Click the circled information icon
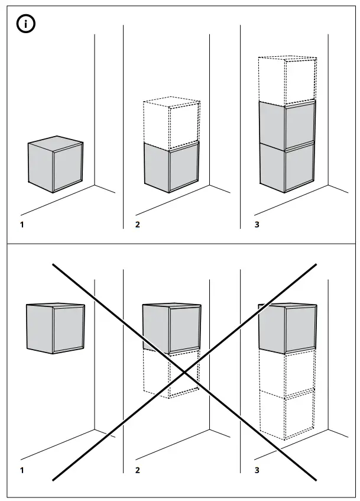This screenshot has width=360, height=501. [x=25, y=24]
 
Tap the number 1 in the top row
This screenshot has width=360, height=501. [x=22, y=225]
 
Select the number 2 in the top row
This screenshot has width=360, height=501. [x=138, y=225]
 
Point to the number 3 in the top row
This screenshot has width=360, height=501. [x=257, y=225]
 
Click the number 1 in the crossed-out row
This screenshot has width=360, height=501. [x=22, y=470]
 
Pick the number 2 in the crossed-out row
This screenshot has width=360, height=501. [x=138, y=470]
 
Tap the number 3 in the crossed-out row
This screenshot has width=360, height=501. [x=257, y=470]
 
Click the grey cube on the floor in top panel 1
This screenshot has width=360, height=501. [x=56, y=164]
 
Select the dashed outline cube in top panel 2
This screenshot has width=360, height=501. [x=171, y=122]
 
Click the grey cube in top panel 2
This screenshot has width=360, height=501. [x=171, y=167]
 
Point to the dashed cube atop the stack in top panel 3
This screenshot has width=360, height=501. [x=287, y=80]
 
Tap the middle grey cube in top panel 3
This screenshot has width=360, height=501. [x=287, y=125]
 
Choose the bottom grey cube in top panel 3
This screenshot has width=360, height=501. [x=287, y=167]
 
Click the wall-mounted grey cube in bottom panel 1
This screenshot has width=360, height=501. [x=55, y=328]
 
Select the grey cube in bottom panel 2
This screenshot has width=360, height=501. [x=171, y=328]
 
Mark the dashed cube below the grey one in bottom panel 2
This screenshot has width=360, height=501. [x=171, y=374]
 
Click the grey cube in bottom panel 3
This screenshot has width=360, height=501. [x=287, y=328]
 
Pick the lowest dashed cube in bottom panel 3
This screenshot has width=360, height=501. [x=287, y=415]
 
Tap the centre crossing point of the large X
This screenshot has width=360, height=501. [x=184, y=372]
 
